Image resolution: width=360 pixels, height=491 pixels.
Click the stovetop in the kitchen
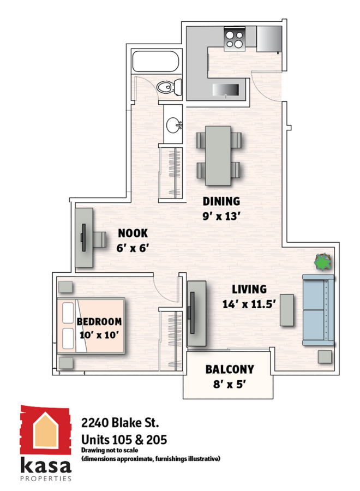pyautogui.click(x=234, y=39)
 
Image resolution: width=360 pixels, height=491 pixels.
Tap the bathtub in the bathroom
pyautogui.click(x=155, y=61)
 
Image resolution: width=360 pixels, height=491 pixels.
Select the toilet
pyautogui.click(x=169, y=87)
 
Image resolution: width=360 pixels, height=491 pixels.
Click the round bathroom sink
pyautogui.click(x=173, y=125)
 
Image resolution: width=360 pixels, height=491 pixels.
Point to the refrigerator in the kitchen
pyautogui.click(x=269, y=39)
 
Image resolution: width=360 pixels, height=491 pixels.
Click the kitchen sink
pyautogui.click(x=225, y=90)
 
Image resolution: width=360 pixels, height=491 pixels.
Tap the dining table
pyautogui.click(x=218, y=155)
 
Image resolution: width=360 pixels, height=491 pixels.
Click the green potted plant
pyautogui.click(x=323, y=262)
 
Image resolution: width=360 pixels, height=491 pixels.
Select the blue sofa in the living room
pyautogui.click(x=318, y=310)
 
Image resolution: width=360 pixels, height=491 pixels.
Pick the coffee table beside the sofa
pyautogui.click(x=287, y=310)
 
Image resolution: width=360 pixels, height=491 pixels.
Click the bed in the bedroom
pyautogui.click(x=91, y=326)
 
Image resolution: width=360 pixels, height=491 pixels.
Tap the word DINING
pyautogui.click(x=221, y=201)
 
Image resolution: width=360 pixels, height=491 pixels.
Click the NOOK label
pyautogui.click(x=133, y=233)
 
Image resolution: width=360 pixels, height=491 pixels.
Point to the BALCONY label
pyautogui.click(x=230, y=369)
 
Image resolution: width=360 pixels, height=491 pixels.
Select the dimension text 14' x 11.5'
pyautogui.click(x=249, y=304)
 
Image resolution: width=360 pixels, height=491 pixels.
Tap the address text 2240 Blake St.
pyautogui.click(x=120, y=423)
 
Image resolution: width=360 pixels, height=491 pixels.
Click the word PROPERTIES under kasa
pyautogui.click(x=46, y=478)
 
